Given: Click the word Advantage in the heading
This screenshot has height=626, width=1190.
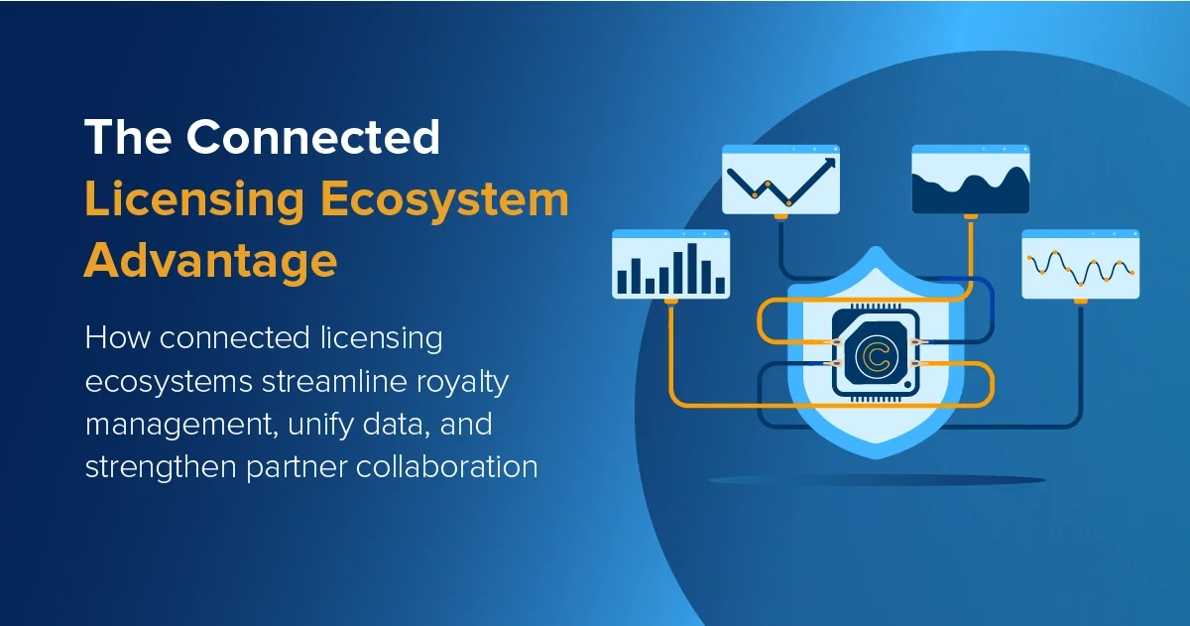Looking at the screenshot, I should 210,261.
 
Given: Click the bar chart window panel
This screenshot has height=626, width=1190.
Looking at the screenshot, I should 671,264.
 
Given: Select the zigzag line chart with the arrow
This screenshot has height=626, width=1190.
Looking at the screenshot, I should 780,180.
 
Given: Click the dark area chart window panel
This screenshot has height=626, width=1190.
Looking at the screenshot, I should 971,180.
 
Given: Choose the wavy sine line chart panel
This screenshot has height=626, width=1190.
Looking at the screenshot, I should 1081,264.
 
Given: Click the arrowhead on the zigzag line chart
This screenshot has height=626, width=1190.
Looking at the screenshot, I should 828,162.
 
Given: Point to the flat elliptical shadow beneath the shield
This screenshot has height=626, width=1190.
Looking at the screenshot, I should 877,480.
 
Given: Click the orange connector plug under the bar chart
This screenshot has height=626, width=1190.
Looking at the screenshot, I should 671,302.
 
